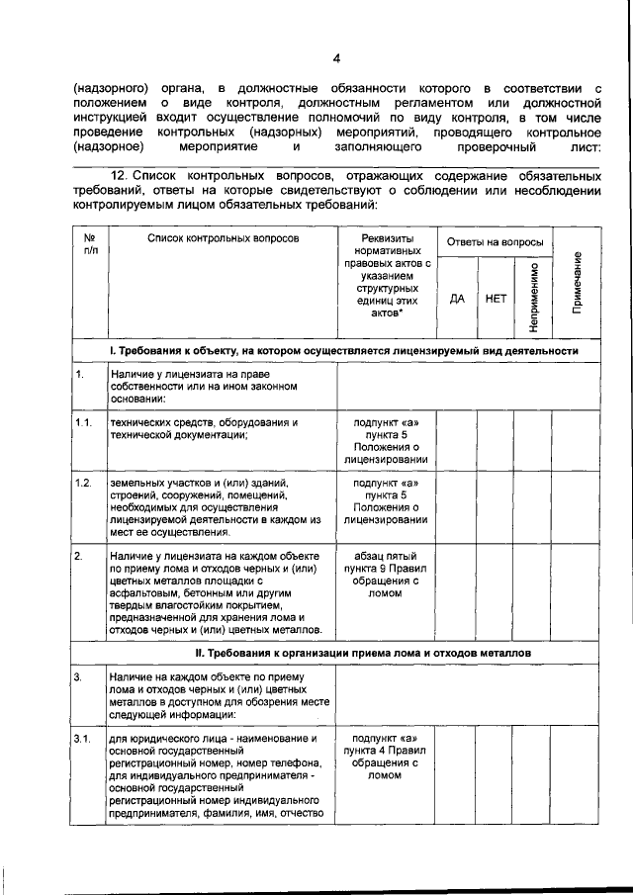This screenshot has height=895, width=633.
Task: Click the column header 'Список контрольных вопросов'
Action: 223,239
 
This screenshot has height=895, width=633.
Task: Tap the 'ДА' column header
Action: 457,297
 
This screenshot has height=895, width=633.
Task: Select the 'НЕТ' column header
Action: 496,297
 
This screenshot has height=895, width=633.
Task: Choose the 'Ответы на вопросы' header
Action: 495,242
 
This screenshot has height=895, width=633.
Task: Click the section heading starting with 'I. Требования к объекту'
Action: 343,351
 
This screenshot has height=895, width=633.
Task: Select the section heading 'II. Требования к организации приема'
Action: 343,654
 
